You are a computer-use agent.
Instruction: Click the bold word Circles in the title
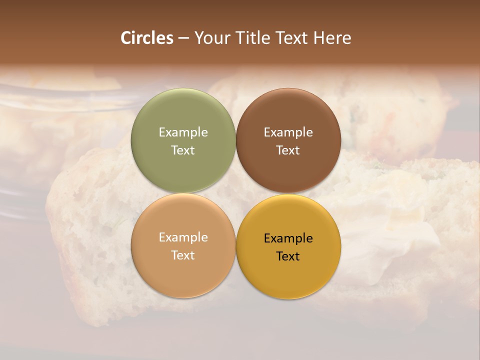147,38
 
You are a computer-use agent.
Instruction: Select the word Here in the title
332,38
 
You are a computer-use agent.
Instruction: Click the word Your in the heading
212,38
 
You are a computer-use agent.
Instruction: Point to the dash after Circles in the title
183,38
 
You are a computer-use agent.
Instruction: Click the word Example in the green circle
183,132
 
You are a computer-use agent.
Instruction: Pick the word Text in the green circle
183,150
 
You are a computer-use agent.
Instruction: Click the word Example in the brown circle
288,132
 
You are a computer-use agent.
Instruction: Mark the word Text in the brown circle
288,150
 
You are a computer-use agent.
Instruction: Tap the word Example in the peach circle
183,237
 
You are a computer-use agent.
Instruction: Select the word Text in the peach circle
183,255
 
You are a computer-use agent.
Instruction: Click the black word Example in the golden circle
288,238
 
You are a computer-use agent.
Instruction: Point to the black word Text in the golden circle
288,256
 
